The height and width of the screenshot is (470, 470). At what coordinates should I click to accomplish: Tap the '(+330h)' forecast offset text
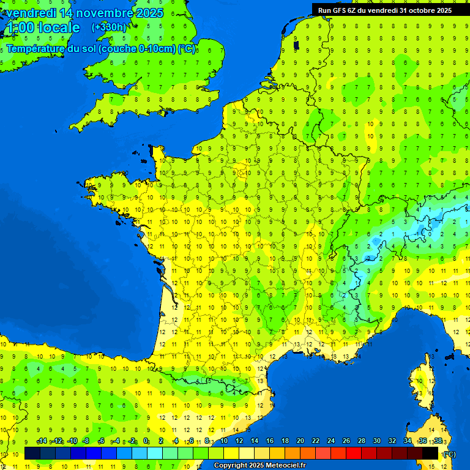tap(109, 27)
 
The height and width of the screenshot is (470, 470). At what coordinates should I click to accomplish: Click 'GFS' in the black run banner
tap(344, 10)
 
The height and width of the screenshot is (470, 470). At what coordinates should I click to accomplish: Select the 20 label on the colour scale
tap(300, 441)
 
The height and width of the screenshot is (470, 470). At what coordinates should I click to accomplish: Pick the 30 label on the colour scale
tap(376, 441)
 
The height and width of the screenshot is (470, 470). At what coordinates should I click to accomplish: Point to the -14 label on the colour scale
tap(42, 441)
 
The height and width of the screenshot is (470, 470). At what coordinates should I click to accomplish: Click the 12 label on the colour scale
tap(239, 441)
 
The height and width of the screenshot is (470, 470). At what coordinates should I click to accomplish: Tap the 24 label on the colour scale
tap(330, 441)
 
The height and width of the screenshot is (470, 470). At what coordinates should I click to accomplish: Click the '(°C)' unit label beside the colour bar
tap(449, 453)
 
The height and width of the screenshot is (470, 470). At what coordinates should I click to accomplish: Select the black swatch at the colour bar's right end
tap(430, 453)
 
